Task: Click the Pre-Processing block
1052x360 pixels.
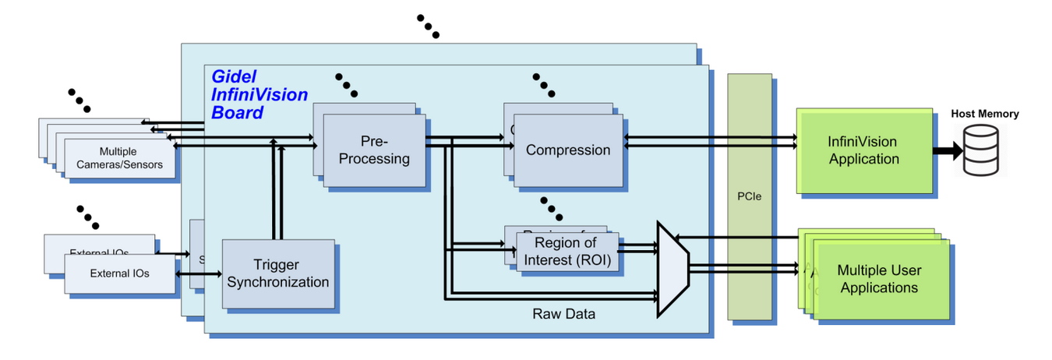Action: [x=374, y=150]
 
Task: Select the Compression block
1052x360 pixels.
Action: [x=568, y=150]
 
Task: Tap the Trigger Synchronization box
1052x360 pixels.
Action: [x=277, y=274]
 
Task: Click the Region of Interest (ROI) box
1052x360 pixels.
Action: [x=567, y=252]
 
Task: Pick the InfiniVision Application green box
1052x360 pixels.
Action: [x=863, y=151]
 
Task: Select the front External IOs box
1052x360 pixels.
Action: [x=119, y=274]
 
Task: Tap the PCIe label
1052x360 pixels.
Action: [x=749, y=196]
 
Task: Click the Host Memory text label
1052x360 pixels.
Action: [x=984, y=114]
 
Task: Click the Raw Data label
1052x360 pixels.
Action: [x=563, y=314]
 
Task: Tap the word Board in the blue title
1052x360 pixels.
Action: [x=237, y=112]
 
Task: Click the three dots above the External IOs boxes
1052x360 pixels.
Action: [x=88, y=216]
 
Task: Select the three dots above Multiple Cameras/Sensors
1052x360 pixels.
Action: [x=79, y=100]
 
